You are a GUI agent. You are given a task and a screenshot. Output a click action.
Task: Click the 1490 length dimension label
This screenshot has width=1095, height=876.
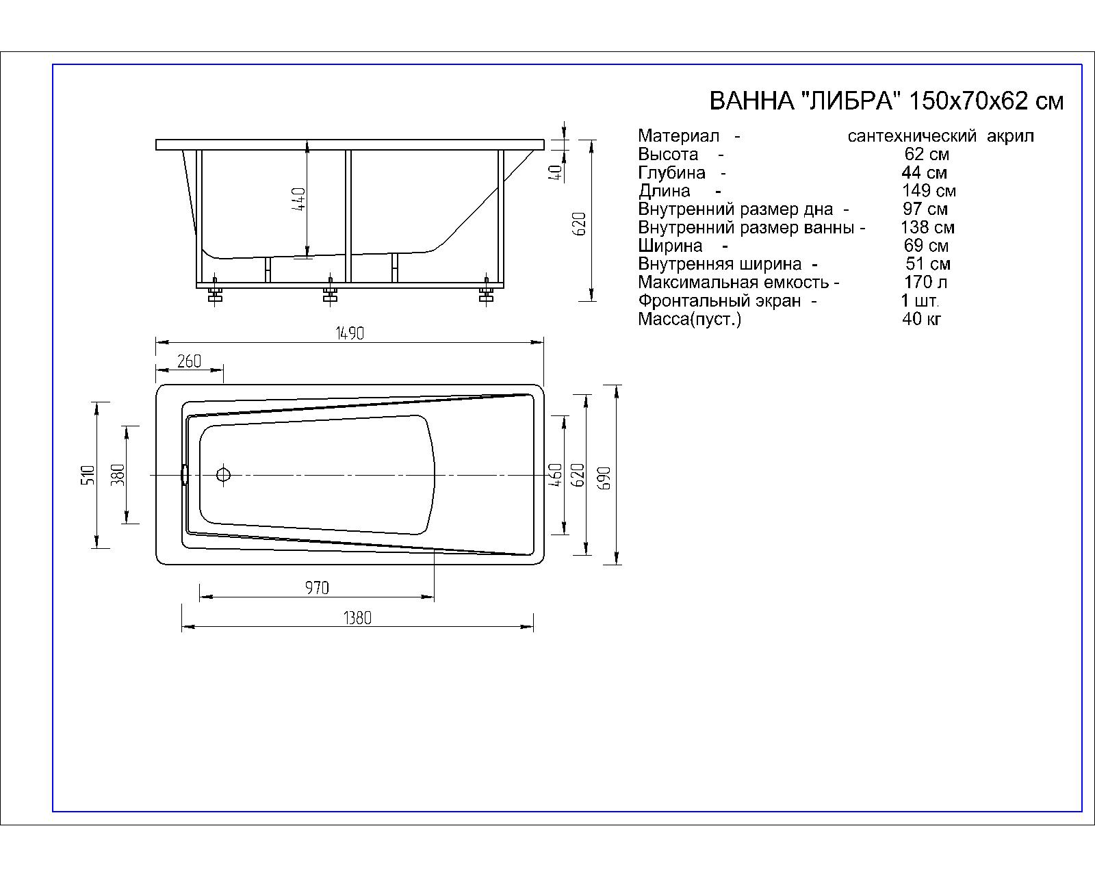tap(350, 333)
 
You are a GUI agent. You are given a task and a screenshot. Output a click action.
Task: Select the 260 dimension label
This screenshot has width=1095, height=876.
tap(189, 361)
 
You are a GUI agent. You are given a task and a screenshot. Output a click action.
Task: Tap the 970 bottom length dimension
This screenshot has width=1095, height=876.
tap(317, 588)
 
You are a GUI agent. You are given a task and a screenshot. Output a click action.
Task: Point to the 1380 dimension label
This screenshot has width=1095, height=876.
tap(357, 618)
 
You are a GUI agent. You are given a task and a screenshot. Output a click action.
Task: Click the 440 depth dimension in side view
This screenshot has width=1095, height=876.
tap(299, 199)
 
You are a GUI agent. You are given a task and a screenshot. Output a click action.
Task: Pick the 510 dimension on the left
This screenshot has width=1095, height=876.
tap(87, 475)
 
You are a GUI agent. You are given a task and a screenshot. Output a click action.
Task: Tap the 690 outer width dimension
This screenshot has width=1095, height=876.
tap(604, 477)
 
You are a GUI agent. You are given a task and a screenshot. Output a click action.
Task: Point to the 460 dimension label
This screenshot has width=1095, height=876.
tap(555, 475)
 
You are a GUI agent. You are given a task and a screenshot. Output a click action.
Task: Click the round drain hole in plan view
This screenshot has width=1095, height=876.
tap(223, 474)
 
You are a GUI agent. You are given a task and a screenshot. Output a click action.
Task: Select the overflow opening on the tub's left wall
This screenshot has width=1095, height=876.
tap(183, 474)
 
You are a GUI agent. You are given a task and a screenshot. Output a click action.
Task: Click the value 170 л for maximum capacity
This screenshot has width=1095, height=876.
tap(925, 282)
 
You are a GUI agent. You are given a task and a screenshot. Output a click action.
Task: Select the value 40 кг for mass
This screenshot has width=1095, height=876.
tap(922, 319)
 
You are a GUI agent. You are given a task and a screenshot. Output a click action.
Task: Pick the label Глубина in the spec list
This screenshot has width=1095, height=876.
tap(671, 172)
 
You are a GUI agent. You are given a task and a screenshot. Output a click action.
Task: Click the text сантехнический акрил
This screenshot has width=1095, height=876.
tap(940, 136)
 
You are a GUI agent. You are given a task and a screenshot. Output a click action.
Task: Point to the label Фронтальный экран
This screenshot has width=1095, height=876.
tap(719, 300)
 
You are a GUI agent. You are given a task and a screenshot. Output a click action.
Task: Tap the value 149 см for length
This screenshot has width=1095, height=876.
tap(929, 191)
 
